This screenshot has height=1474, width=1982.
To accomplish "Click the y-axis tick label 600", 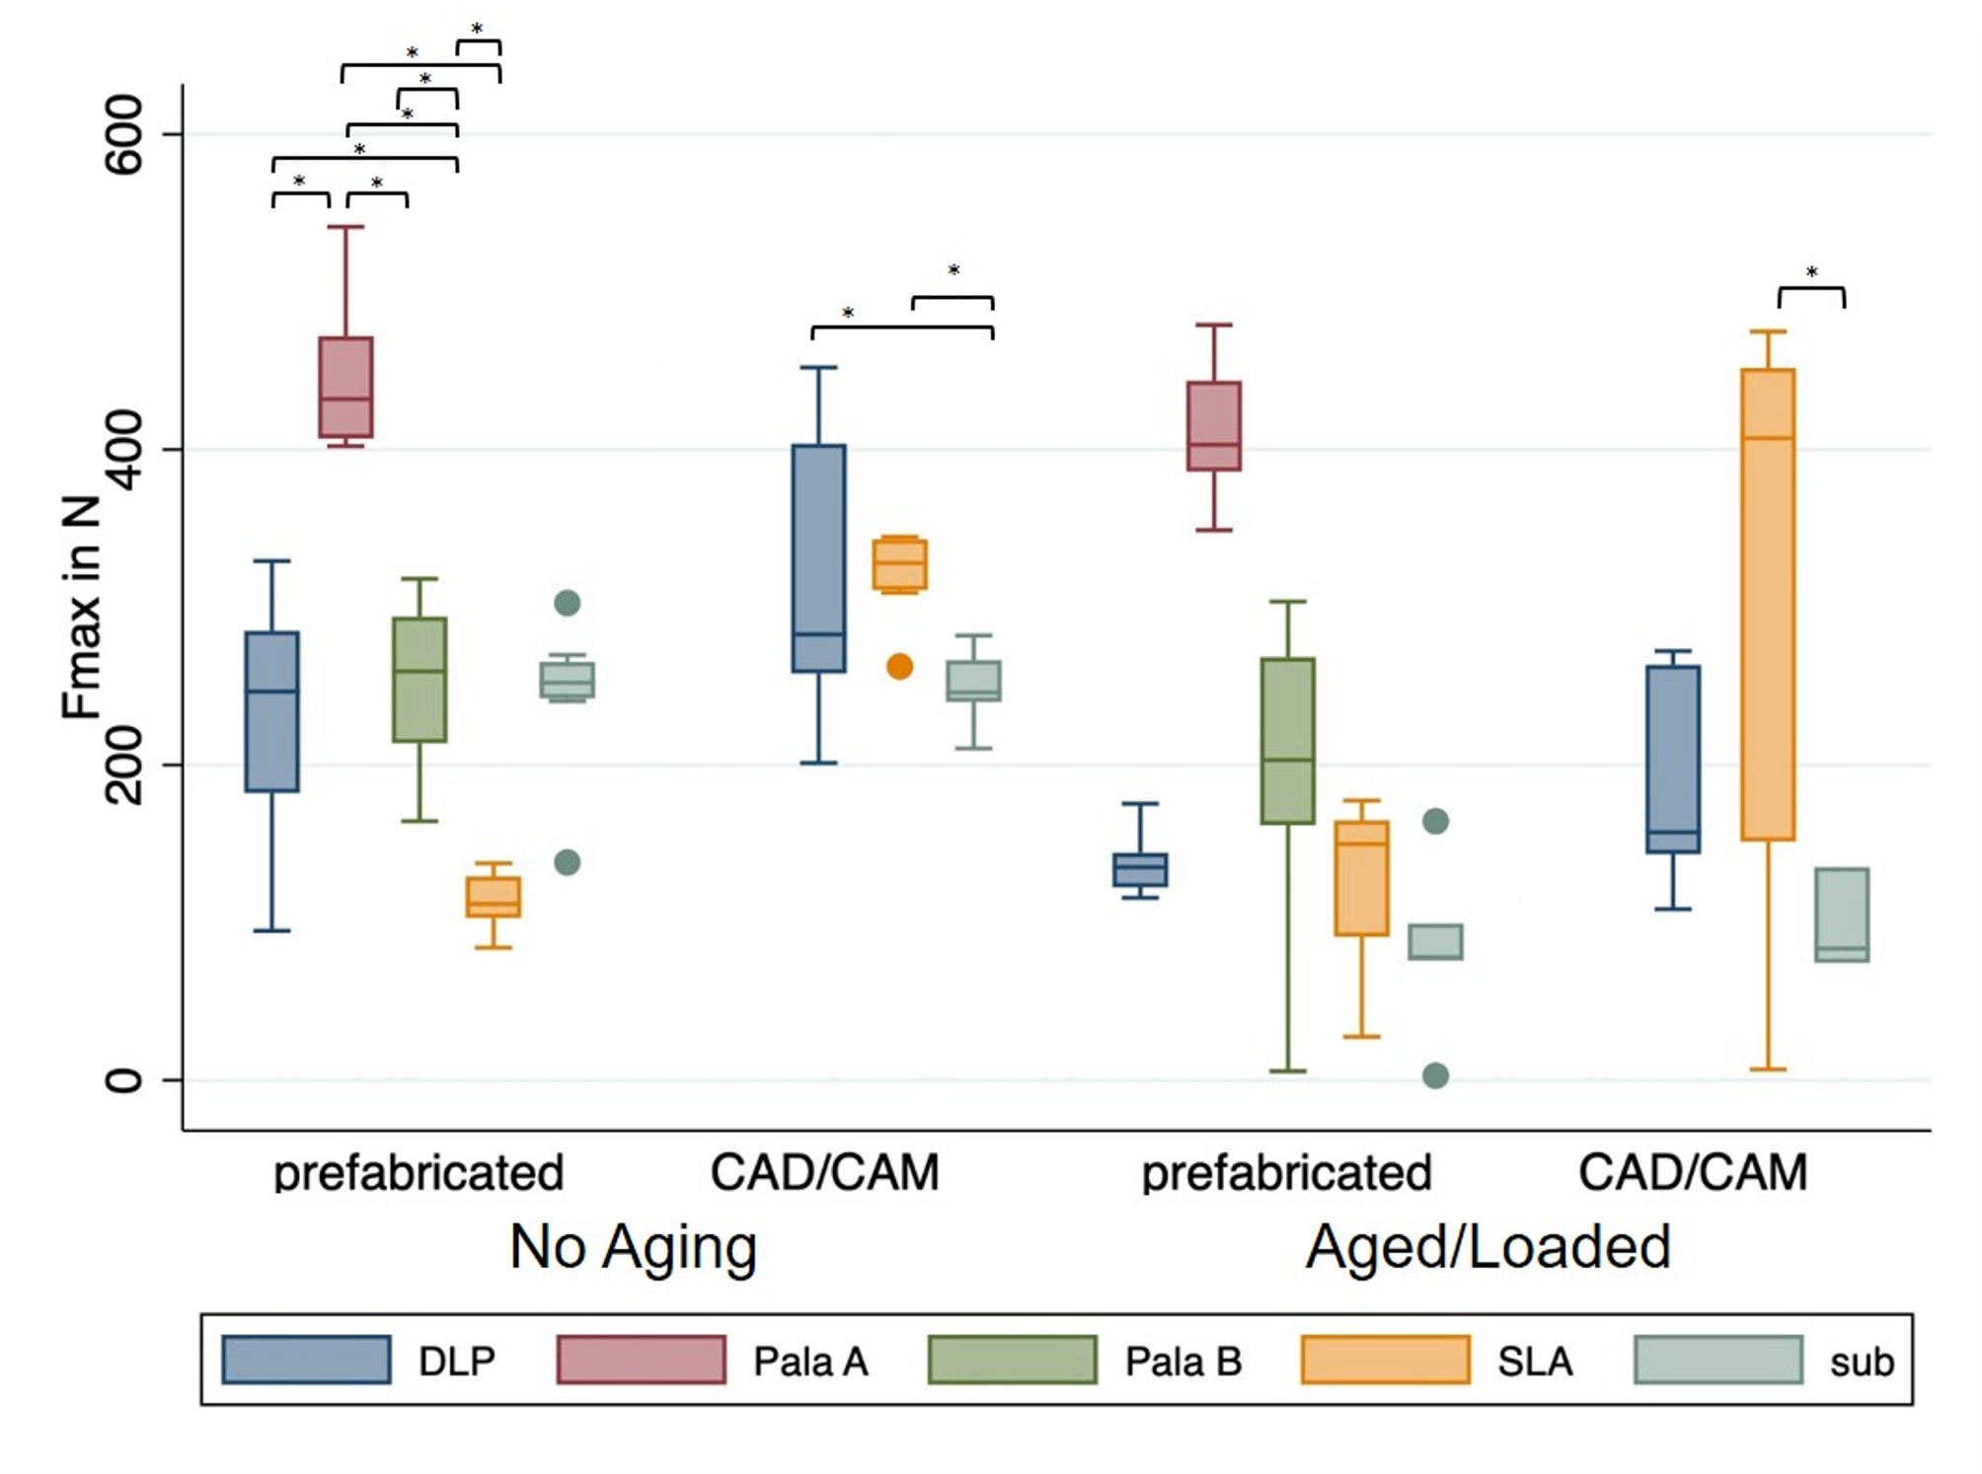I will point(123,134).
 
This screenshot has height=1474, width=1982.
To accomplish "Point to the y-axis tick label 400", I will point(123,450).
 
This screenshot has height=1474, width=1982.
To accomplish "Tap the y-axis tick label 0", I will point(123,1080).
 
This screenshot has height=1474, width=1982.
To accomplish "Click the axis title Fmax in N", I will point(82,606).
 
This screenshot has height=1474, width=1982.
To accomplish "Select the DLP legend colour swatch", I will point(306,1361).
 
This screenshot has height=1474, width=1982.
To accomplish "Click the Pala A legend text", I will point(810,1362).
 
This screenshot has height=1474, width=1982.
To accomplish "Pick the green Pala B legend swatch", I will point(1012,1361).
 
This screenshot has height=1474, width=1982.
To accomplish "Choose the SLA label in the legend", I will point(1535,1362).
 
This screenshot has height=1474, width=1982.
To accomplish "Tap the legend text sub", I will point(1862,1363).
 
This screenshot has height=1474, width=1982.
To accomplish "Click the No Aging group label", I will point(633,1247).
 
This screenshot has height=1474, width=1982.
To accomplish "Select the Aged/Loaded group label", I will point(1487,1247).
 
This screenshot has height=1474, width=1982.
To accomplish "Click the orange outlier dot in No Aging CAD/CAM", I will point(899,667).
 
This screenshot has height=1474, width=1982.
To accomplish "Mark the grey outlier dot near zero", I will point(1435,1075).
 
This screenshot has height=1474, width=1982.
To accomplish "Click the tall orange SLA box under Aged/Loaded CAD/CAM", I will point(1768,604).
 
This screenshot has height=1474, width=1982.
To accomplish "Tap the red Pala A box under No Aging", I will point(345,387).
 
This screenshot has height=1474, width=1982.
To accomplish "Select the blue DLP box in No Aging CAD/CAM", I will point(818,558).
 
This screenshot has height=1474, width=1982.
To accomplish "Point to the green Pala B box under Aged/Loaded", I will point(1288,740).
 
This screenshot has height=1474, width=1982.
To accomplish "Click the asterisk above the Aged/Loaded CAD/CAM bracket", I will point(1811,272).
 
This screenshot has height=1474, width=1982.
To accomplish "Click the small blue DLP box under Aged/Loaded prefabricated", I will point(1140,869).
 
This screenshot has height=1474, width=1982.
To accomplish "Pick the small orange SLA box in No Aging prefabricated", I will point(494,897).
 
